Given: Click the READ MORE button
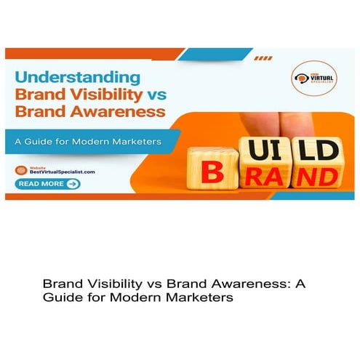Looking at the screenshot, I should (x=48, y=184).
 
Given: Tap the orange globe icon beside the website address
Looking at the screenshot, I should (x=19, y=169).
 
